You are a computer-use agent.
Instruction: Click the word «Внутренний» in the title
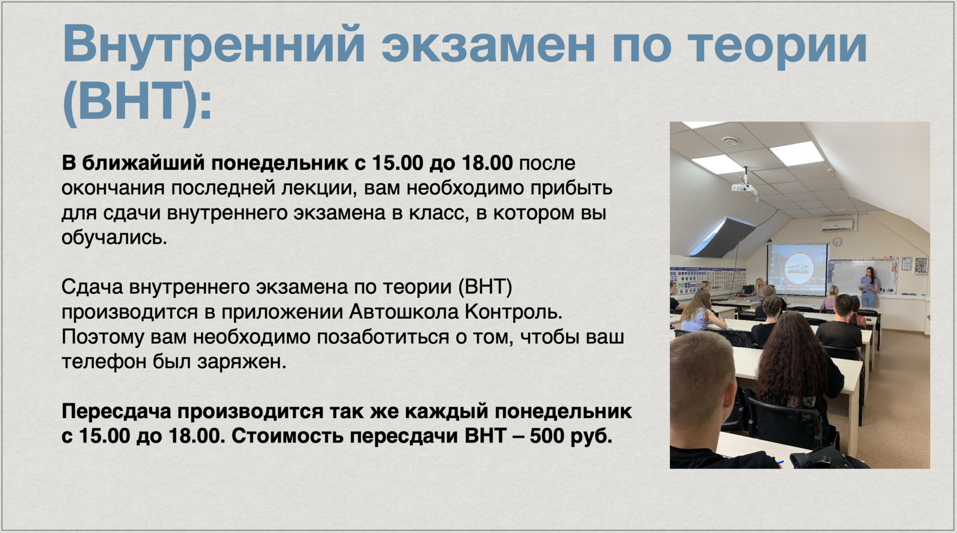coord(214,46)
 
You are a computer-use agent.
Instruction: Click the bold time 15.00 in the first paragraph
coord(398,163)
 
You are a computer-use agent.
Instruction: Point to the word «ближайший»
coord(143,163)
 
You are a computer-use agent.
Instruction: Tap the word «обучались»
coord(114,237)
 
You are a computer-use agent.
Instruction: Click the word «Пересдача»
coord(117,411)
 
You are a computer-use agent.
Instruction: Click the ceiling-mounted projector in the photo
coord(744,186)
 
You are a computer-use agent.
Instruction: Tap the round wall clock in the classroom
coord(837,241)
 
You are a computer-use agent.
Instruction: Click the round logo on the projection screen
coord(799,269)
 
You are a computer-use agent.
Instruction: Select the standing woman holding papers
coord(868,286)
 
